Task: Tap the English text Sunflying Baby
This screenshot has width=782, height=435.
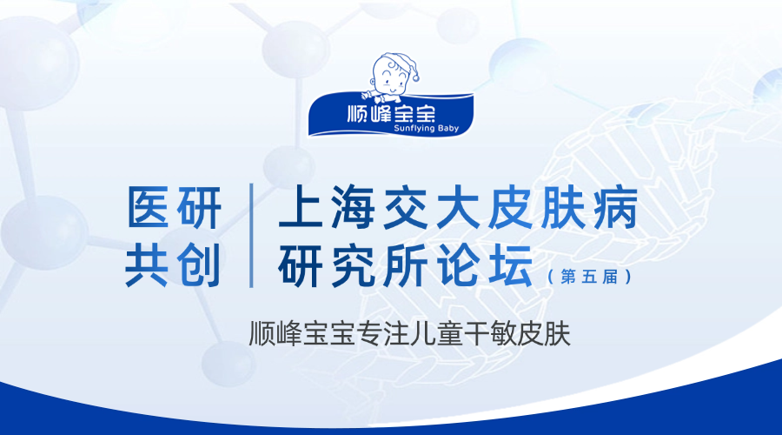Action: [x=426, y=129]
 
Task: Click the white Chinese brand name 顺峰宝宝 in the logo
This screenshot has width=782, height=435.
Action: [x=391, y=113]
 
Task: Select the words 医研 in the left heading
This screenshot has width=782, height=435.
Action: [x=174, y=207]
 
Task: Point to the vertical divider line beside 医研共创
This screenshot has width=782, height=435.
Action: [x=251, y=235]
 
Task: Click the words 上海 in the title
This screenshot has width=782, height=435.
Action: [x=328, y=207]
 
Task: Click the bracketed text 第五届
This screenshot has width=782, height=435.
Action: [x=589, y=276]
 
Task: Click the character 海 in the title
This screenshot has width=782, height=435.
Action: [x=353, y=207]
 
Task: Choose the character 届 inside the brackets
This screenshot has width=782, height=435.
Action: [x=610, y=276]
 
